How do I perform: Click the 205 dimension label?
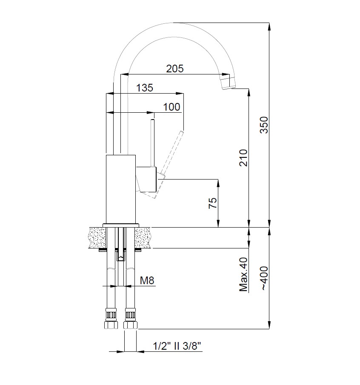(175, 68)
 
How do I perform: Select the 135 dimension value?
(145, 88)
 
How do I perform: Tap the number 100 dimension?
(171, 107)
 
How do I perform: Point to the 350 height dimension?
(264, 125)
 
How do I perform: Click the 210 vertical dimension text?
(243, 158)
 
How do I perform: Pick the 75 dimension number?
(213, 203)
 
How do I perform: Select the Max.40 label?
(243, 274)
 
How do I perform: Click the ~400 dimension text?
(264, 279)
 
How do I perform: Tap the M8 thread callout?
(147, 280)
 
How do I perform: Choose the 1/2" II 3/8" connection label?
(177, 346)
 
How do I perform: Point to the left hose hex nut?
(111, 325)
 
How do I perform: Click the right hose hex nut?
(130, 325)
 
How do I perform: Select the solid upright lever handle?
(153, 143)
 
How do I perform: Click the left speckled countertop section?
(97, 238)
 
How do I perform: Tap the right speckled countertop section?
(143, 238)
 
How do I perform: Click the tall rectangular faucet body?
(120, 189)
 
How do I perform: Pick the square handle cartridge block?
(146, 179)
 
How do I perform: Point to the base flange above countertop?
(121, 225)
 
